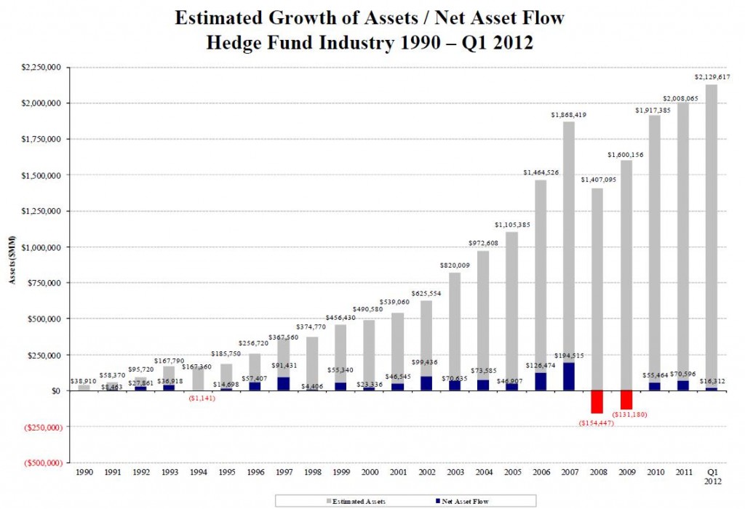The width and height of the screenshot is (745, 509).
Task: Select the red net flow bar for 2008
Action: click(597, 401)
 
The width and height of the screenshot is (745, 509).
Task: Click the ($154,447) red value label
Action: click(597, 422)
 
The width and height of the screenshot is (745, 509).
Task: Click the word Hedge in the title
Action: click(232, 43)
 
